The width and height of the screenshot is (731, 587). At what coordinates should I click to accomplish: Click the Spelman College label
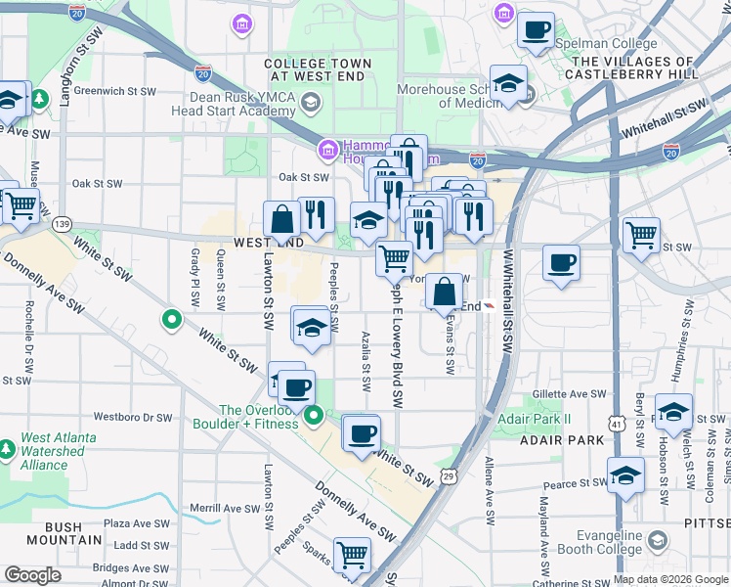(x=591, y=44)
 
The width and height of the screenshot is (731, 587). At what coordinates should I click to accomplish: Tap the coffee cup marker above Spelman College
(x=535, y=30)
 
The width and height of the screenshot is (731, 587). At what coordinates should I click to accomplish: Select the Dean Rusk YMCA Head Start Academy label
(x=233, y=103)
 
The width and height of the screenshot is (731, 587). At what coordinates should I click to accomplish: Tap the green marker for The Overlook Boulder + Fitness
(x=314, y=419)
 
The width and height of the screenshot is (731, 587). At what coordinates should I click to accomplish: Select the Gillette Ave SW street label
(x=570, y=394)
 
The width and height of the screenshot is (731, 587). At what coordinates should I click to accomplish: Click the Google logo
(x=32, y=575)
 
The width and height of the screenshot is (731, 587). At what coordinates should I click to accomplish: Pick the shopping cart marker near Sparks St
(x=352, y=555)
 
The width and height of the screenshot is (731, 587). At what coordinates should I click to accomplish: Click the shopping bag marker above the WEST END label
(x=281, y=218)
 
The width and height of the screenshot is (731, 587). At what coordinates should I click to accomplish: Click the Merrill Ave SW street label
(x=226, y=509)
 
